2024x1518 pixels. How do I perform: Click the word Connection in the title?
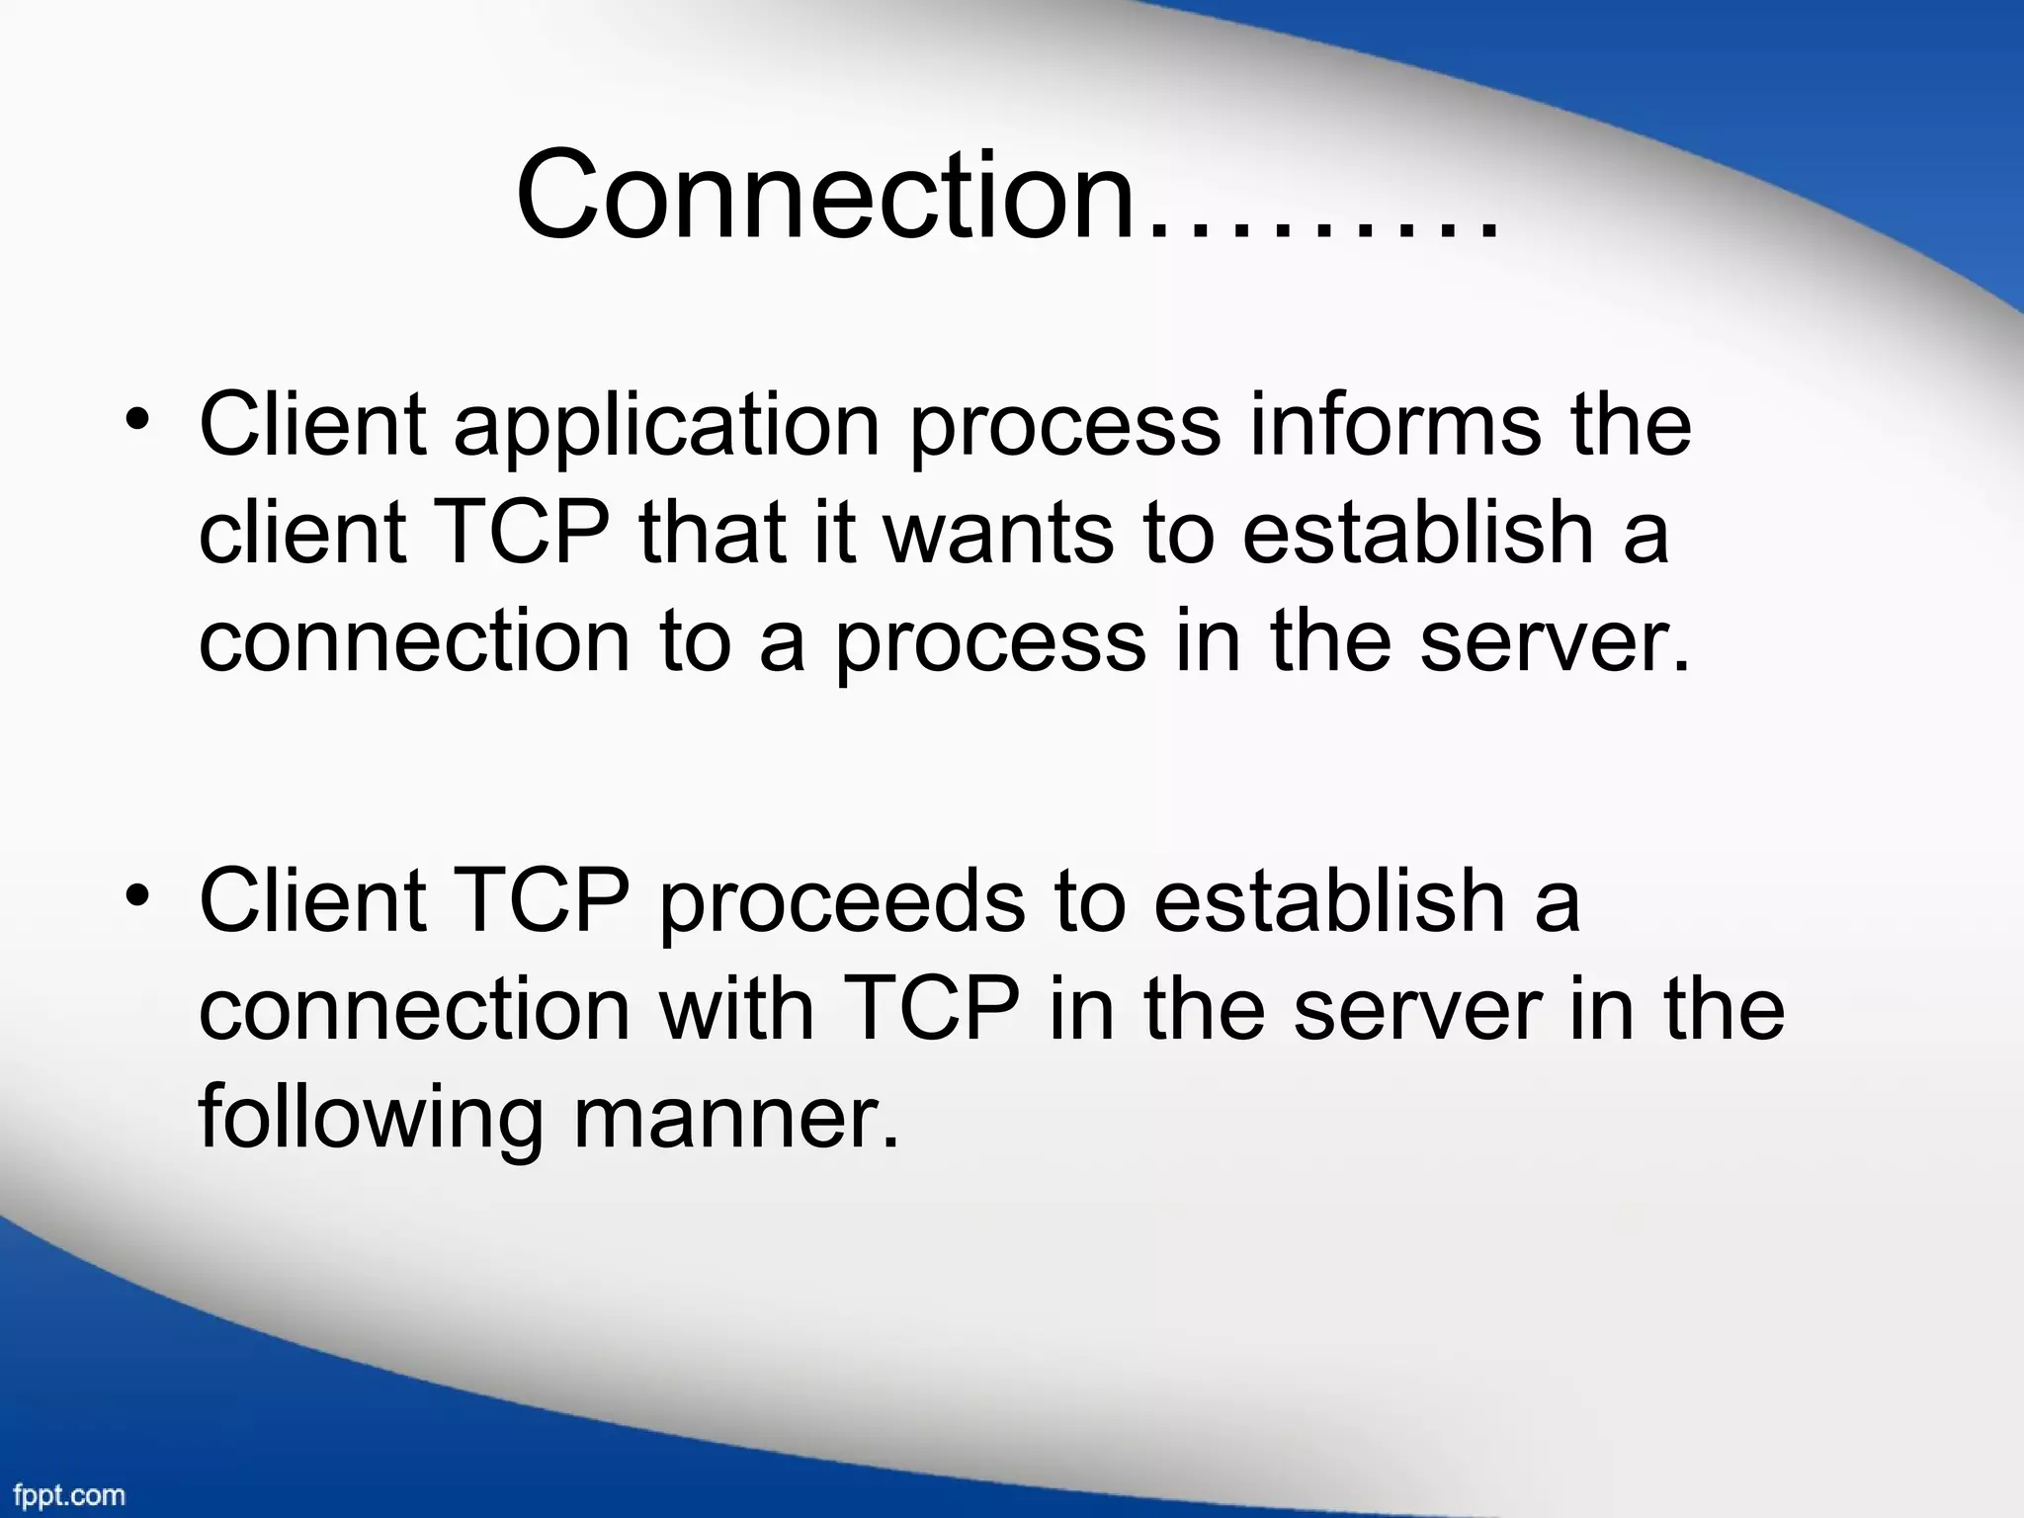click(825, 195)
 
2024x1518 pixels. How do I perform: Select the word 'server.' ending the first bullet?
click(1556, 642)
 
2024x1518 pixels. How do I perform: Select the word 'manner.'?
click(736, 1119)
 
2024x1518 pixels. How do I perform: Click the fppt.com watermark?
click(69, 1494)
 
